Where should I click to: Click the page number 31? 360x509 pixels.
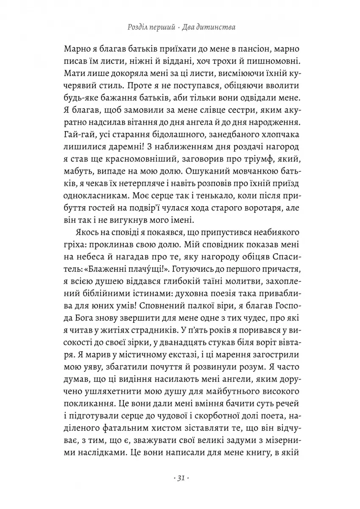click(x=179, y=478)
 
